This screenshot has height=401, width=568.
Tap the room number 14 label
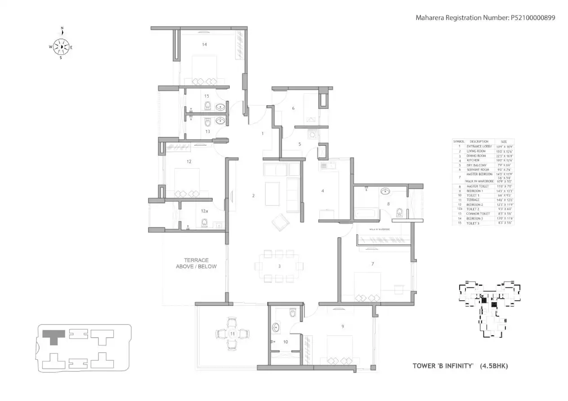204,45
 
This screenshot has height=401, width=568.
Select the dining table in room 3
279,266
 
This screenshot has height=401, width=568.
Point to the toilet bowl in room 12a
205,222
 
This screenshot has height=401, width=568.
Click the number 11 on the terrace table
232,334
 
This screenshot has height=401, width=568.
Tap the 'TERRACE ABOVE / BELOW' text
196,263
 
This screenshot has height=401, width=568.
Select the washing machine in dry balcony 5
313,134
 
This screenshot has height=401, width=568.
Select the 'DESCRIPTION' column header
479,142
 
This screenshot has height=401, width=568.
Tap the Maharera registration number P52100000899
532,18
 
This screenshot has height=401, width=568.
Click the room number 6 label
293,108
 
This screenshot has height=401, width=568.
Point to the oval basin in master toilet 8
385,192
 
